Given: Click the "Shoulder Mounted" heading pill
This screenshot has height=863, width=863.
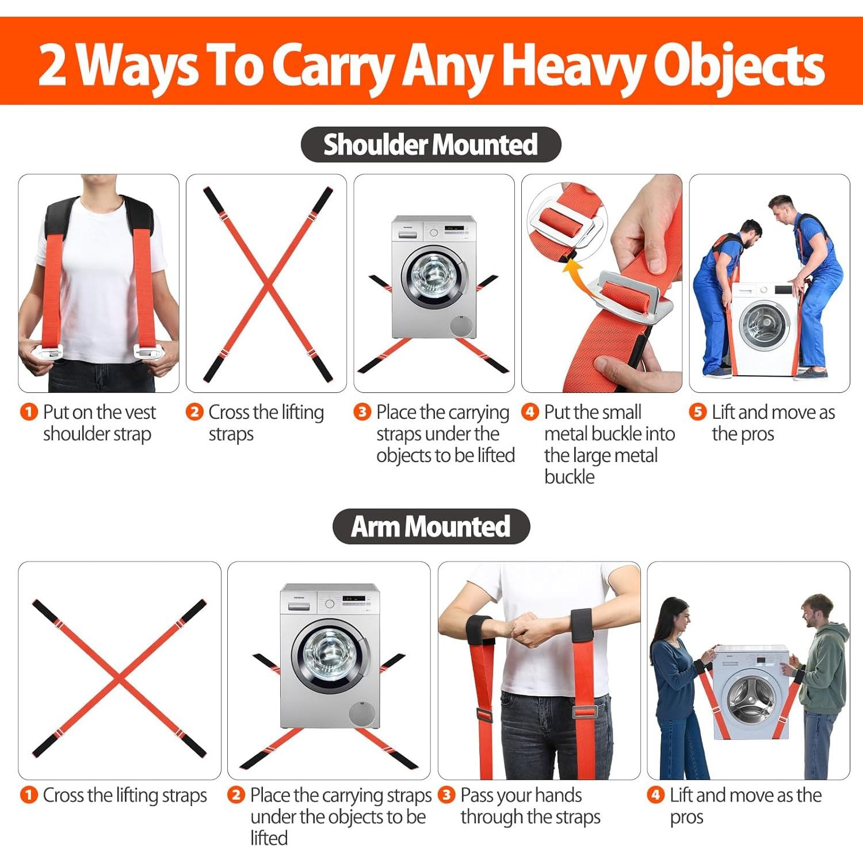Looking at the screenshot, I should point(430,144).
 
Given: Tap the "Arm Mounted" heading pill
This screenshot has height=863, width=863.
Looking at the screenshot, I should point(430,526).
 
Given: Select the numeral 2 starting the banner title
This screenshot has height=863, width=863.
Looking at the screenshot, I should point(53,66).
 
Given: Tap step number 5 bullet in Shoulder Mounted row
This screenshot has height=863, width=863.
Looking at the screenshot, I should point(697,412).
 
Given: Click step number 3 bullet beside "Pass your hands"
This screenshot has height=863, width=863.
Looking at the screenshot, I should point(446,795).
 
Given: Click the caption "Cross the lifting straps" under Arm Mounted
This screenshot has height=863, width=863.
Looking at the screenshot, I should point(124,795).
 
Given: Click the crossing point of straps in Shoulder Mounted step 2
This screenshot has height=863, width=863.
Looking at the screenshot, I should point(268,284).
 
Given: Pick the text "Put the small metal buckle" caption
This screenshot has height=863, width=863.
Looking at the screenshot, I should point(609,444).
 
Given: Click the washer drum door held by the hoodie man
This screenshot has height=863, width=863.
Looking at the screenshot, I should point(751,697).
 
